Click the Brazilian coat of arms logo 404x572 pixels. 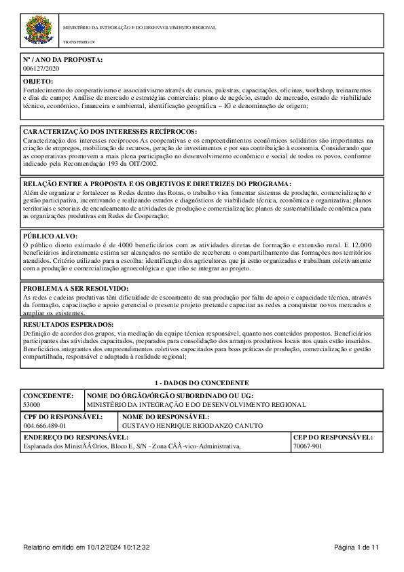click(x=37, y=31)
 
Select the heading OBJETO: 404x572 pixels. click(x=38, y=82)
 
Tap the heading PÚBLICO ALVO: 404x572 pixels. click(x=52, y=235)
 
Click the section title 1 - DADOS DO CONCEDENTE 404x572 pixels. click(x=202, y=383)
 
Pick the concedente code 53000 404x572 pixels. click(x=32, y=404)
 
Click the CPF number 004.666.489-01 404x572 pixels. click(x=45, y=425)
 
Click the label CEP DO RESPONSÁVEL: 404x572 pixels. click(x=333, y=437)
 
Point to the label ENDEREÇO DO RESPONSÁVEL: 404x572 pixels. click(x=75, y=437)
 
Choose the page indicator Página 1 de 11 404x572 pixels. click(x=356, y=548)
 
